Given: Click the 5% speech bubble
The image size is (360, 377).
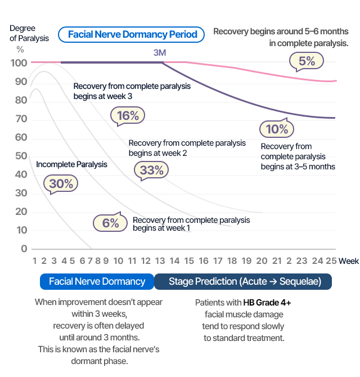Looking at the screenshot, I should (307, 61).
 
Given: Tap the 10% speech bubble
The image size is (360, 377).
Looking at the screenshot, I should (277, 129).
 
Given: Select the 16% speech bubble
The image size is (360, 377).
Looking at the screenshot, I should (128, 116).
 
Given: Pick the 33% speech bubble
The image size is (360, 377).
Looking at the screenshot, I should (151, 170).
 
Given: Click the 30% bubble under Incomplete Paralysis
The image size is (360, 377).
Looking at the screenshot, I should (61, 183).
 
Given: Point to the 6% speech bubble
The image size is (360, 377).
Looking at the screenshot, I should (110, 223).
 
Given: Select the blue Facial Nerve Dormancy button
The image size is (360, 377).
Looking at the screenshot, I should (97, 281).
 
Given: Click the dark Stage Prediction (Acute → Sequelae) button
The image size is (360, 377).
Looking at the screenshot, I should (242, 281).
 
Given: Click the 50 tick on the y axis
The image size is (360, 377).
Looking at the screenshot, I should (21, 156).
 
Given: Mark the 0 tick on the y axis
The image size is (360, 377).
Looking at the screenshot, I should (24, 249).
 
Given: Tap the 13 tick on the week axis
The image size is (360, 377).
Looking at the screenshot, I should (160, 261).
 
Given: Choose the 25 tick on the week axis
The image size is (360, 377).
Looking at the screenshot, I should (331, 261).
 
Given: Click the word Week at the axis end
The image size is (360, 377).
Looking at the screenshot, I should (349, 261).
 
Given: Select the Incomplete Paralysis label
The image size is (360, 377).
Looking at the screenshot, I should (71, 165).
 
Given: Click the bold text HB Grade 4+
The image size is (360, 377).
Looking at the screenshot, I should (267, 303).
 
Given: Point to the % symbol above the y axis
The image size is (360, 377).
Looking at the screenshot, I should (20, 50).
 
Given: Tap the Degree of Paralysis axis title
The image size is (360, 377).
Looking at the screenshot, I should (29, 33).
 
